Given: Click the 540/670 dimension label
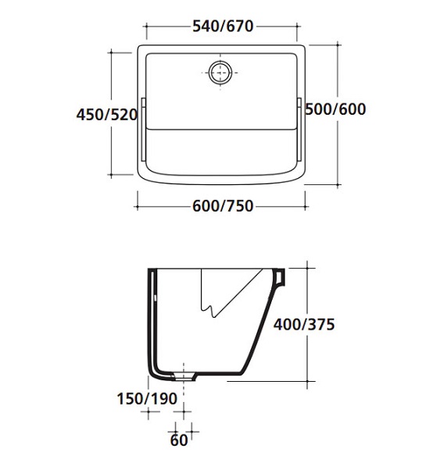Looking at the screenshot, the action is pos(223,27).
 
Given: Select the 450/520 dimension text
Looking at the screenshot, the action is pos(106,115).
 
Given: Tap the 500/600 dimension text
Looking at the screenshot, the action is pos(335,109).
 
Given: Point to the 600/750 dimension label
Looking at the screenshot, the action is pos(223,206).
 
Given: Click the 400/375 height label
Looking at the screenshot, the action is pos(304,324).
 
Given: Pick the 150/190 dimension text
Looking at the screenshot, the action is pos(147,398).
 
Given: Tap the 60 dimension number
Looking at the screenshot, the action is pos(179,440).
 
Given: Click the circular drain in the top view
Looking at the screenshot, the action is pos(220,73).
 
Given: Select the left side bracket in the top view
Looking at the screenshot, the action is pos(143,130).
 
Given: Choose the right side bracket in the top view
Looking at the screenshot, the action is pos(299,130).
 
